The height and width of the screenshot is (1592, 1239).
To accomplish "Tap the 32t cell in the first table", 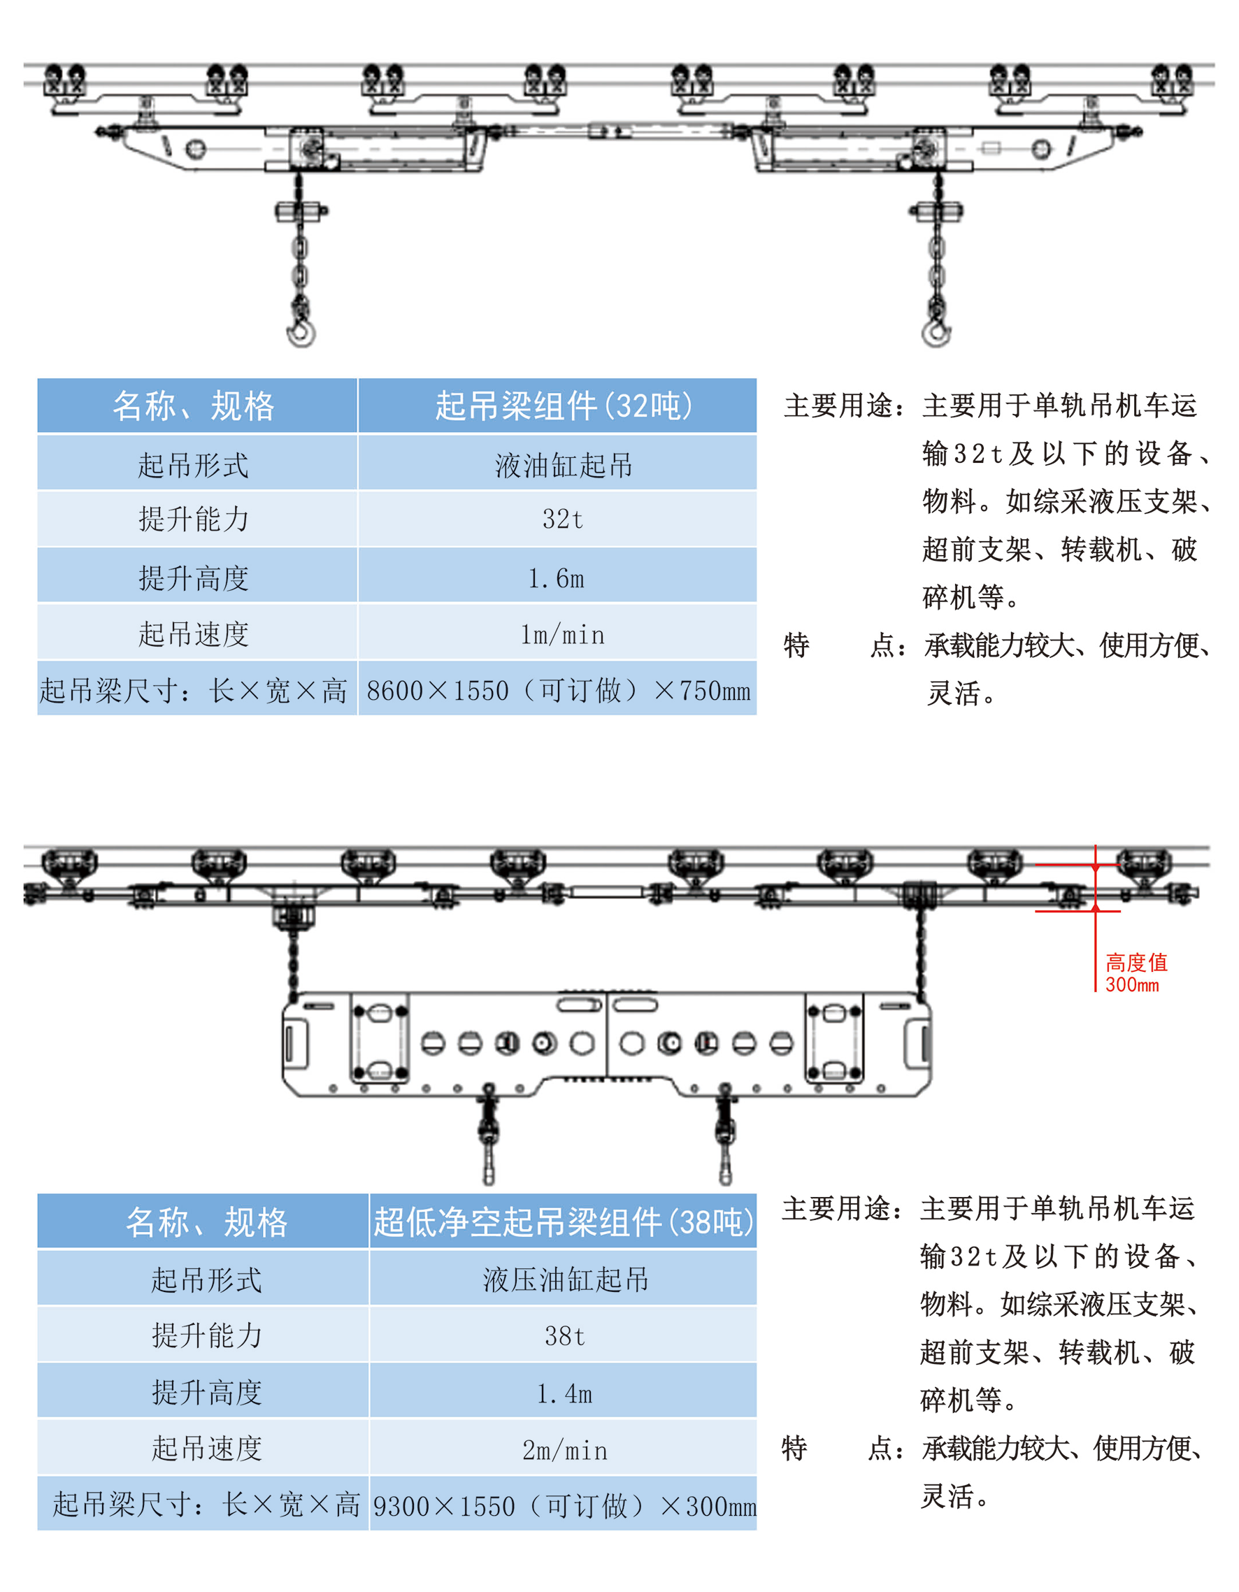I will (x=562, y=519).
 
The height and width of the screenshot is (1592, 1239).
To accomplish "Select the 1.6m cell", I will (x=557, y=578).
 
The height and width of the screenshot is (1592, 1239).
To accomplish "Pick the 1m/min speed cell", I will (x=562, y=635).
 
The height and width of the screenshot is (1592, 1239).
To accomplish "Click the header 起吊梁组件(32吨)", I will (x=564, y=406).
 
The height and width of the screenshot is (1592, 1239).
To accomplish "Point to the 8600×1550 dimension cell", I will (x=558, y=690).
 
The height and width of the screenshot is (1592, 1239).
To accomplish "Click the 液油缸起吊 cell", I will (x=564, y=465).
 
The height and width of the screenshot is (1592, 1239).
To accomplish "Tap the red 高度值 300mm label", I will (x=1136, y=973).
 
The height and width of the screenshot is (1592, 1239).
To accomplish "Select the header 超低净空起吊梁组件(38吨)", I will (x=564, y=1222).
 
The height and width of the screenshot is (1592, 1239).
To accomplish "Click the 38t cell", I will (x=564, y=1336).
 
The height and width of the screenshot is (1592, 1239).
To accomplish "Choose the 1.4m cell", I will (x=564, y=1393).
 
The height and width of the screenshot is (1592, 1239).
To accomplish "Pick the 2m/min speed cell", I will (x=564, y=1451).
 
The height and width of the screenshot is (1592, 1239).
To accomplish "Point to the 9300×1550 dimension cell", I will (x=564, y=1506).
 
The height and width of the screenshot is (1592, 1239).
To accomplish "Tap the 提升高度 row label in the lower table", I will (x=206, y=1393).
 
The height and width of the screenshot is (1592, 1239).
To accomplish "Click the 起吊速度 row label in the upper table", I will (x=194, y=634).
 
